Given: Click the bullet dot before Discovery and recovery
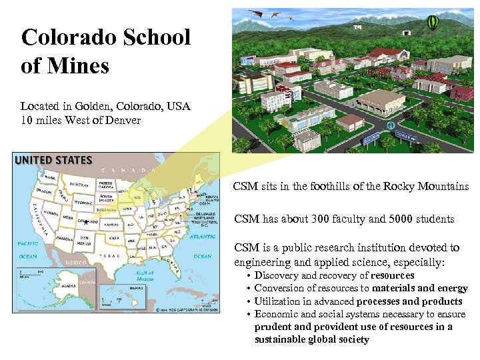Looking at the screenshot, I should [248, 276].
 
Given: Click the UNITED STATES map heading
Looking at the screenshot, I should [53, 160].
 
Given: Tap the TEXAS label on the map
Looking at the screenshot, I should [109, 256].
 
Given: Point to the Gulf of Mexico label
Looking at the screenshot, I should [145, 275].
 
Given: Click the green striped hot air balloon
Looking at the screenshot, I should [432, 24].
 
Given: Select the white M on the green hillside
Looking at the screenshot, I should [357, 27].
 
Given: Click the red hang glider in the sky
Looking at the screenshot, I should [255, 12].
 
